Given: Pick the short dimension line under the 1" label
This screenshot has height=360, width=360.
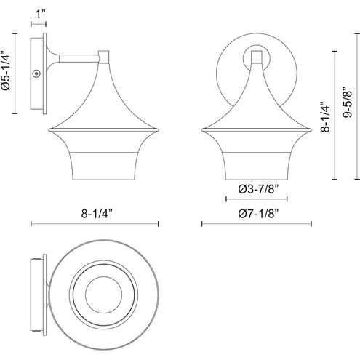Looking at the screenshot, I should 38,23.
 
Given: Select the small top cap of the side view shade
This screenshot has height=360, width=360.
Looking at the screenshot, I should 103,54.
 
